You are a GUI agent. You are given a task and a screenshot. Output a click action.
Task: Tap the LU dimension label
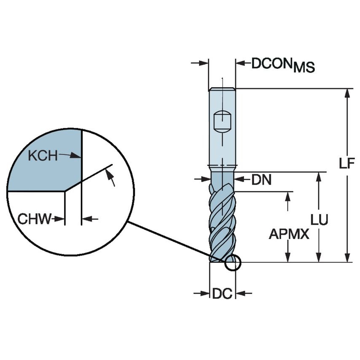[319, 219]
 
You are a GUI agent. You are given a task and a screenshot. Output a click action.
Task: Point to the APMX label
[289, 234]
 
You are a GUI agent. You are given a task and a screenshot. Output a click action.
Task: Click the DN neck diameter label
[261, 180]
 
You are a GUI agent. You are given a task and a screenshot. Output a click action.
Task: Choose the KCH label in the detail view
[42, 156]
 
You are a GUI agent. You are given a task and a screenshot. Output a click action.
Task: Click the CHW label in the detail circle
[34, 219]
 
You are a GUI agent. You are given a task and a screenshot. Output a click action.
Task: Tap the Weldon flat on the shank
[222, 121]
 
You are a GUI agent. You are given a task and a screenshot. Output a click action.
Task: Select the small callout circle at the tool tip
[232, 263]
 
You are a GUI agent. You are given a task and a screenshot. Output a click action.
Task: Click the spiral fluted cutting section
[222, 223]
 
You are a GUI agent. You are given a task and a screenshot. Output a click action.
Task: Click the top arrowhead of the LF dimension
[347, 92]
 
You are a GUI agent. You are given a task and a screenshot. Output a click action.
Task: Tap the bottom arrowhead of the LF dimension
[347, 258]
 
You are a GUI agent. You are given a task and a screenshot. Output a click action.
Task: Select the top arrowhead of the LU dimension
[319, 176]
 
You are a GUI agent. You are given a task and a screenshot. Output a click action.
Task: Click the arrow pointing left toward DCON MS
[240, 63]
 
